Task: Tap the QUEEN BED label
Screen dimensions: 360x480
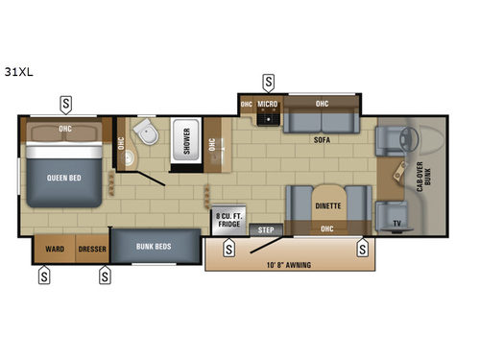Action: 62,178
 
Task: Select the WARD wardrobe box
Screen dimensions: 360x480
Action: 56,248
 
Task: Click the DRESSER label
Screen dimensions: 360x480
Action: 92,248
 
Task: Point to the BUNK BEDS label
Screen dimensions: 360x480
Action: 154,247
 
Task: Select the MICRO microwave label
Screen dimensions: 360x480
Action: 267,104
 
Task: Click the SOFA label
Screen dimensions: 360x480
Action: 322,139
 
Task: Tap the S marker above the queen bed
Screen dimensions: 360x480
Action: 65,101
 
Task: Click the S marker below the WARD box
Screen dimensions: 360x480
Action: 44,277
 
